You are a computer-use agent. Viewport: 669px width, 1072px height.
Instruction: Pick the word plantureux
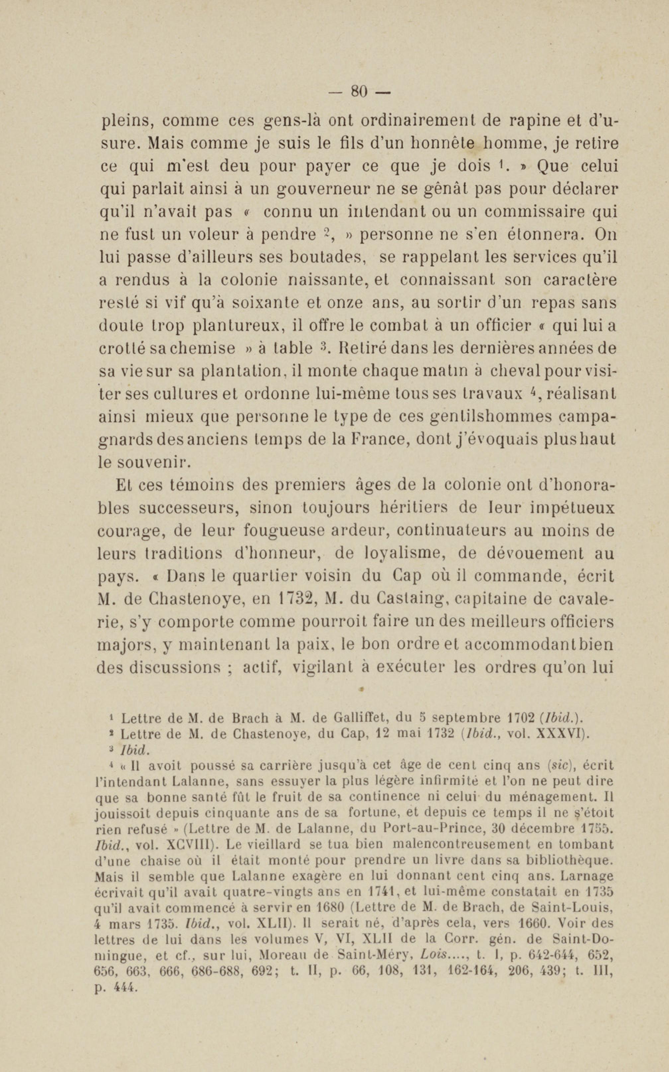pos(237,326)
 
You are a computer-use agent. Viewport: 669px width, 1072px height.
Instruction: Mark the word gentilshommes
pos(491,417)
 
